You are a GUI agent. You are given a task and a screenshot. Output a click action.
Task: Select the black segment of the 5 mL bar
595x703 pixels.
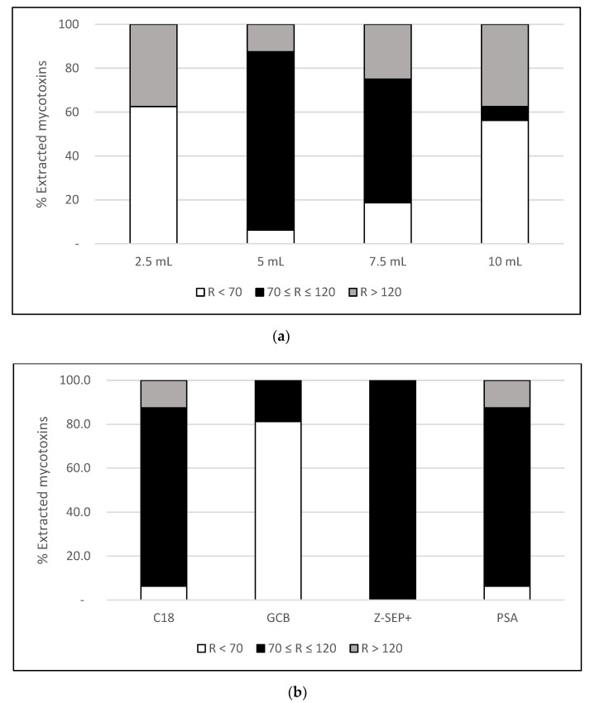point(271,141)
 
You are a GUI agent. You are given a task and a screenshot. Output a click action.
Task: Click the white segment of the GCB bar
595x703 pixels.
point(278,510)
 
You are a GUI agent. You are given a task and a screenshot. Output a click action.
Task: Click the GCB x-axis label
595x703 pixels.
point(278,615)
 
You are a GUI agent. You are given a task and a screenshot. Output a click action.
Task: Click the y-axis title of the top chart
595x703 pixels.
point(41,134)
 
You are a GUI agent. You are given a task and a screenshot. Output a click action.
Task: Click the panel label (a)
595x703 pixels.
point(297,337)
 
